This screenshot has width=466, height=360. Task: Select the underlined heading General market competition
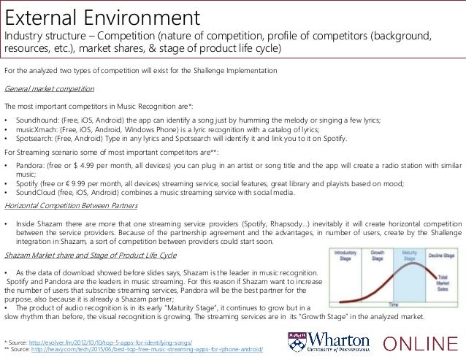[49, 88]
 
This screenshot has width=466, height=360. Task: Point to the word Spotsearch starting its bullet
[33, 138]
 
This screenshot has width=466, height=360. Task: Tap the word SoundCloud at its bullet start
[34, 194]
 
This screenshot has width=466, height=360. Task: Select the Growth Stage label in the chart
[378, 256]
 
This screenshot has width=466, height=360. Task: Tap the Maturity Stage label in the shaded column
[406, 256]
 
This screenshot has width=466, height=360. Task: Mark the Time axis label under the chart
[394, 303]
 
